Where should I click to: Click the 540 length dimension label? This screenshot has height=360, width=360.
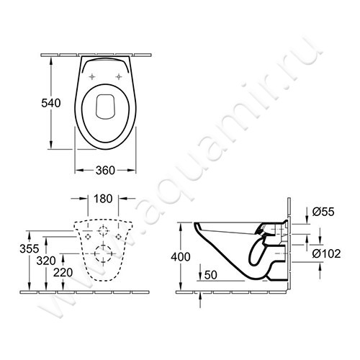(51, 103)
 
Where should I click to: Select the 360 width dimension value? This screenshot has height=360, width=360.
(105, 171)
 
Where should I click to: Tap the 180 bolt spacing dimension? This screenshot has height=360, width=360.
(103, 199)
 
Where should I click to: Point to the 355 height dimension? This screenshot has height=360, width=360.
(30, 248)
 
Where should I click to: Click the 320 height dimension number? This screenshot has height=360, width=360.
(46, 261)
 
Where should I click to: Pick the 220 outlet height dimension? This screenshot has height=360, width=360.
(63, 273)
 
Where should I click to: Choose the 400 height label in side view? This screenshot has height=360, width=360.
(181, 257)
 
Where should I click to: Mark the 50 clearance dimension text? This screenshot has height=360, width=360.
(211, 275)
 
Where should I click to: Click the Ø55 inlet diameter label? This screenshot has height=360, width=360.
(323, 212)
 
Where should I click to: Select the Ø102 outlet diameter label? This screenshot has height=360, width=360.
(326, 253)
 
